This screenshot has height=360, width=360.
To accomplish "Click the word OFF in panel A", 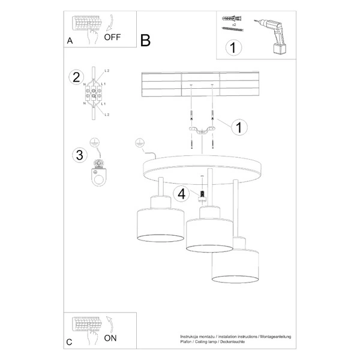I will coord(112,37).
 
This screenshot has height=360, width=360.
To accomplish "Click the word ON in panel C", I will coord(110,338).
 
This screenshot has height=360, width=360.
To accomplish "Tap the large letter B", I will coord(145,40).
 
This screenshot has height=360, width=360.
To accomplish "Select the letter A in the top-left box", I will coord(70,41).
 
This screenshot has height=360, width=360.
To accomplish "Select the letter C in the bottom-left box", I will coord(70,343).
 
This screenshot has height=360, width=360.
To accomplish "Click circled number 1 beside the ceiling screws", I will coord(239,127).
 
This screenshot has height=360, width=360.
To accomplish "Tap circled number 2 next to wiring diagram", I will coord(76,77).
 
